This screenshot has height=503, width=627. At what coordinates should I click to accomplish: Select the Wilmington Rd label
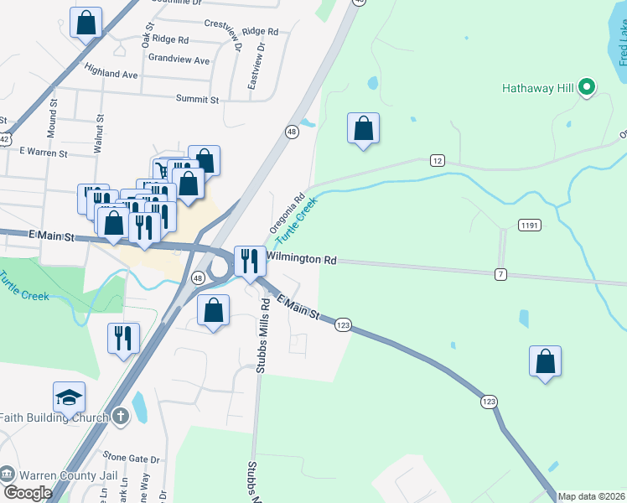point(302,259)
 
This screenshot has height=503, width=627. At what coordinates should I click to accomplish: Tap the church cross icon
point(121,417)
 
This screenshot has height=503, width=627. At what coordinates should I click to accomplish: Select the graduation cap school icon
point(70,397)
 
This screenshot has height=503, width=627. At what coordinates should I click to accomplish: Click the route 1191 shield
point(530,225)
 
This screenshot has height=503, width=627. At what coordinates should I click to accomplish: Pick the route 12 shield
point(437,159)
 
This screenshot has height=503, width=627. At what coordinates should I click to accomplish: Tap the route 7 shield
point(500,274)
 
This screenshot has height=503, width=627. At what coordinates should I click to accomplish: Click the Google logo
point(27,492)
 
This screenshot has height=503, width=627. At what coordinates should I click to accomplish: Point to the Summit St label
point(197,99)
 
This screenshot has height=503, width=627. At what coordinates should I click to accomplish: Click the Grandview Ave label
point(179,60)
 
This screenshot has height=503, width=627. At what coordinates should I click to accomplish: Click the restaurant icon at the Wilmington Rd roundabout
point(250,262)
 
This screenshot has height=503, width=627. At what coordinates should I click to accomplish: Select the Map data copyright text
point(591,496)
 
